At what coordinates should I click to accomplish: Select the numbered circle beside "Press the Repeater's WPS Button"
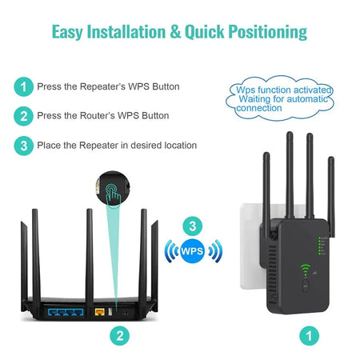pos(24,86)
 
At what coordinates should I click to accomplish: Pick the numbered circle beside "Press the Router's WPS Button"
pos(24,116)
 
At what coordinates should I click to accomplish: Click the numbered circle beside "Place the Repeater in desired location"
pos(24,146)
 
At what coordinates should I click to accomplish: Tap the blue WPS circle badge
pos(191,251)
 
